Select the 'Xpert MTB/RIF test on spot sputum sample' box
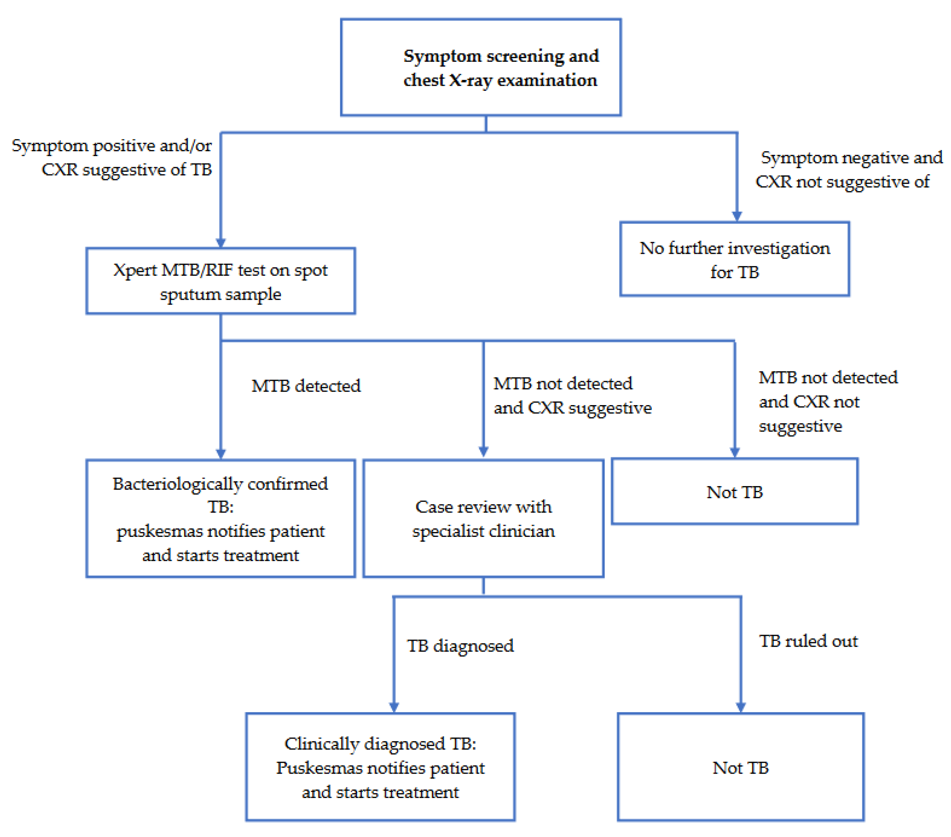tap(221, 281)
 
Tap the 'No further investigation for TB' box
tap(735, 259)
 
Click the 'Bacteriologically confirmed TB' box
tap(221, 518)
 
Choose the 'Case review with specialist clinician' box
tap(483, 518)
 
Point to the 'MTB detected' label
tap(306, 386)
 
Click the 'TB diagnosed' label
tap(460, 646)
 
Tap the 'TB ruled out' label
tap(808, 641)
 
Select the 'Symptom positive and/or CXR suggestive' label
tap(112, 157)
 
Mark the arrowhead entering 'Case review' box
tap(483, 451)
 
